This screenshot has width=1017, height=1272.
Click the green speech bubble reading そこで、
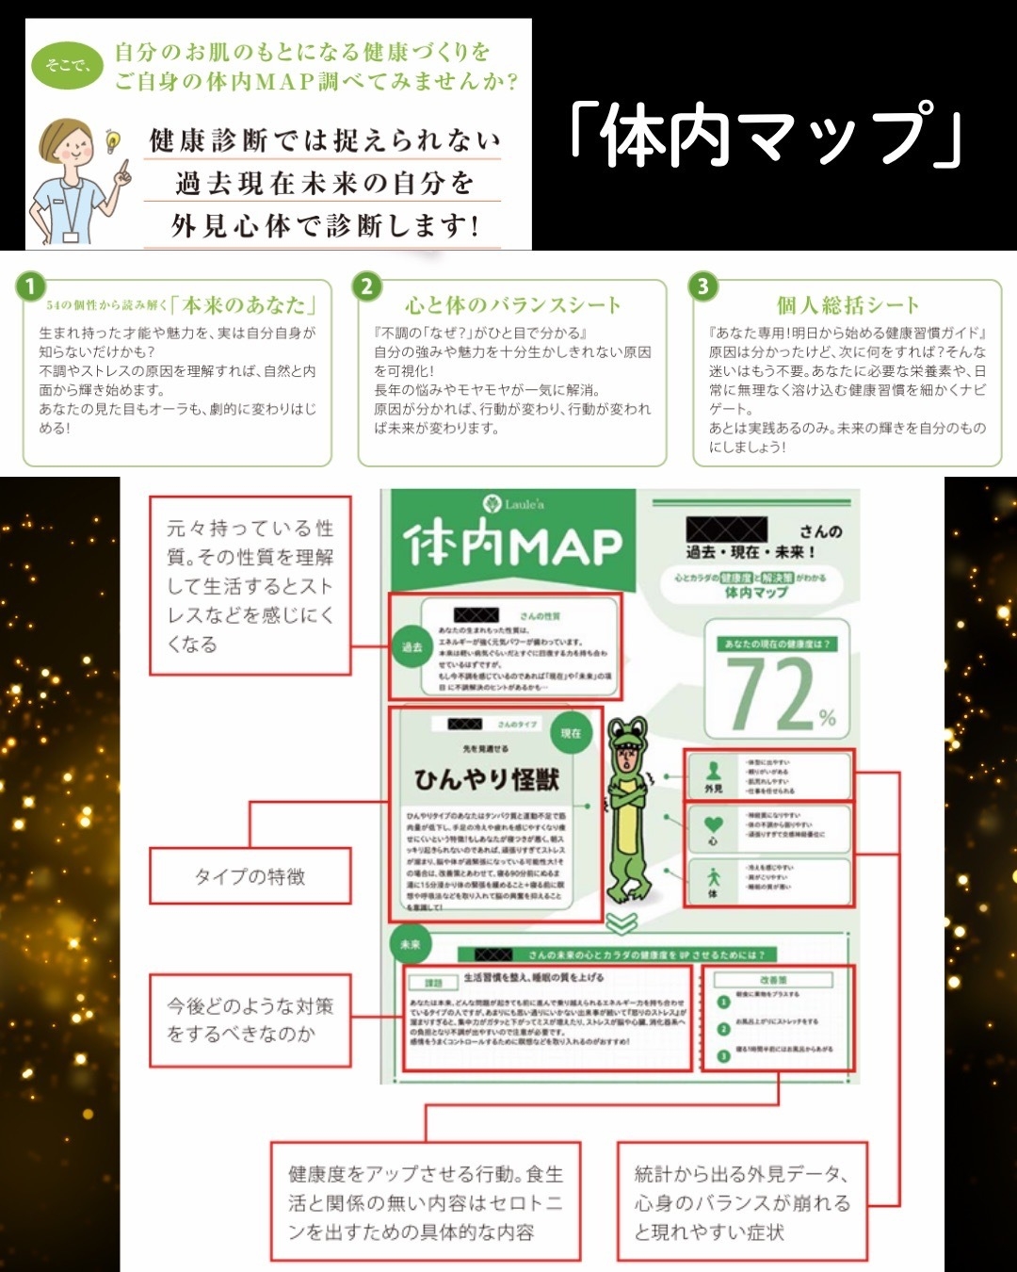coord(67,65)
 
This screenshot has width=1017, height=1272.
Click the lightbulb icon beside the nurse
coord(113,141)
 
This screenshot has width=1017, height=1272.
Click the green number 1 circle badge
coord(31,286)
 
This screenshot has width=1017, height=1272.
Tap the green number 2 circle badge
coord(366,286)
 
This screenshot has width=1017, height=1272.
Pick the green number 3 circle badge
coord(702,286)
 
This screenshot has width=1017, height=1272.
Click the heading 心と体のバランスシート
coord(513,305)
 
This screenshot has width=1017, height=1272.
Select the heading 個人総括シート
coord(847,305)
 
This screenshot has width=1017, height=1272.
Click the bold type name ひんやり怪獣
coord(487,779)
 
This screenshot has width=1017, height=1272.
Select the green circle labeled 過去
coord(412,647)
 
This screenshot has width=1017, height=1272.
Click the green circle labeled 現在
coord(571,733)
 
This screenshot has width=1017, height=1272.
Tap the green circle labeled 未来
coord(411,944)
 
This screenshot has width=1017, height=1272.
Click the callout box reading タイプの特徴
coord(250,876)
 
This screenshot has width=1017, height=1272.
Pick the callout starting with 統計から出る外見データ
coord(742,1202)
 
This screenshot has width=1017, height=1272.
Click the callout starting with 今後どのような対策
coord(250,1019)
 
